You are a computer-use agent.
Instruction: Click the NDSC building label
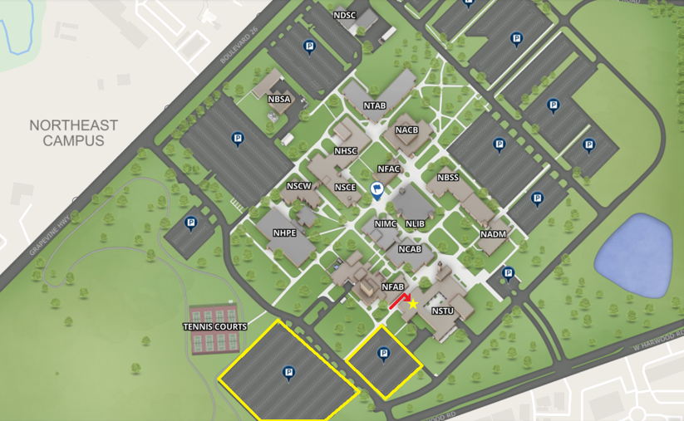point(345,15)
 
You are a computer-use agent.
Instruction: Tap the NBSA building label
point(279,99)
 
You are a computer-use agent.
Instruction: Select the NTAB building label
point(375,105)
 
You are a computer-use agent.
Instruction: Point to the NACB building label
point(407,130)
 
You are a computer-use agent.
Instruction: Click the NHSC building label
point(346,151)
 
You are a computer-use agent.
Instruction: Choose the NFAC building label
point(389,169)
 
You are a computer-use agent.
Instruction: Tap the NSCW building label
point(298,186)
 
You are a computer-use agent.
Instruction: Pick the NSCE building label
point(346,188)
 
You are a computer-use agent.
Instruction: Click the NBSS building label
point(448,178)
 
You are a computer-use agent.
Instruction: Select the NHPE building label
point(284,233)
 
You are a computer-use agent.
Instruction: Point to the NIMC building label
point(386,224)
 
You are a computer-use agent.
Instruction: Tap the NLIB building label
point(415,224)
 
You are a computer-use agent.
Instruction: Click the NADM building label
point(493,234)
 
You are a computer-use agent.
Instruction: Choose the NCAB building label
point(409,249)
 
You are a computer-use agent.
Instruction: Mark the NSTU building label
point(443,311)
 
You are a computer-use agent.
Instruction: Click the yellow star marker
point(413,304)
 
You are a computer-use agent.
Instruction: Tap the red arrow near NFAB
point(398,300)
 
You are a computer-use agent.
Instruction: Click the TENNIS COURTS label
point(215,326)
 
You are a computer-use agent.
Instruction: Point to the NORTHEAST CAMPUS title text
point(74,133)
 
